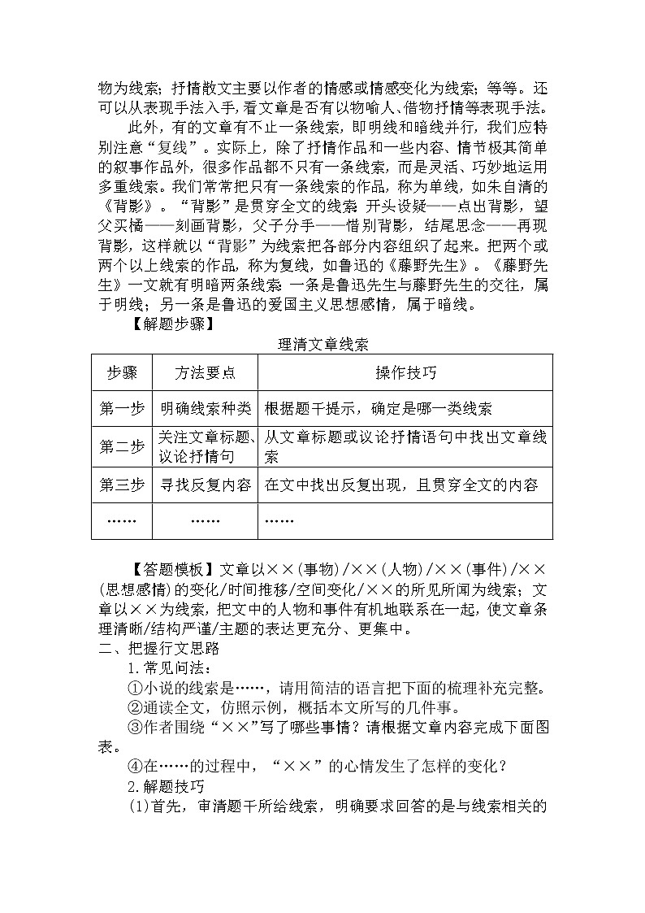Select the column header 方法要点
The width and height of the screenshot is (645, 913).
coord(205,373)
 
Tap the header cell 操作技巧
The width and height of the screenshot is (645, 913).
coord(405,373)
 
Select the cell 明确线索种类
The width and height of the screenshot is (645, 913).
coord(205,409)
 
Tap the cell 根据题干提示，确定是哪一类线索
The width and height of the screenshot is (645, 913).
coord(378,409)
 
